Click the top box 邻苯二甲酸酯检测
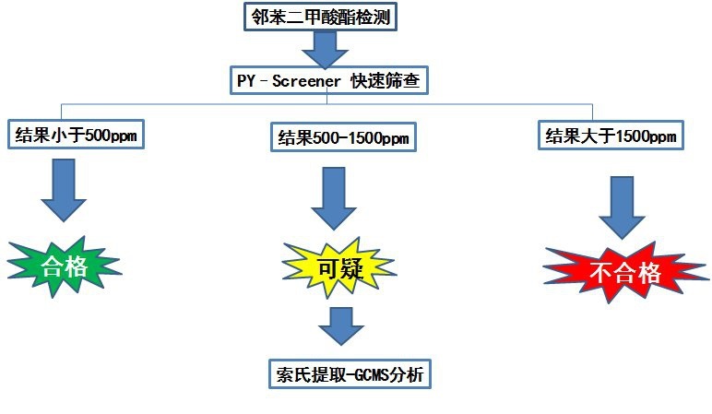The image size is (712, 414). [x=321, y=17]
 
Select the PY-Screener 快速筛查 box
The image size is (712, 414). [x=329, y=81]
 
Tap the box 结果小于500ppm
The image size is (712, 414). [x=76, y=135]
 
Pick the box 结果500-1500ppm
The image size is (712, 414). [x=343, y=137]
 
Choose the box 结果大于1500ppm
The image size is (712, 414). [x=611, y=136]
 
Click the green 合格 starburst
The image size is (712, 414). [x=64, y=266]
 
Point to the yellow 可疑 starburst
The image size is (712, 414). [x=339, y=268]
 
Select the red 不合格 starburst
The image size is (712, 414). [x=624, y=273]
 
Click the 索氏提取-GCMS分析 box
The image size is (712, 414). [x=350, y=374]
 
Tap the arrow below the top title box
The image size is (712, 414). [x=326, y=50]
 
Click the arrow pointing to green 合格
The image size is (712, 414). [x=64, y=190]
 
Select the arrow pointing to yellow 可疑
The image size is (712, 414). [x=334, y=198]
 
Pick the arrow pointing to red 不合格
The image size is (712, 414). [x=623, y=207]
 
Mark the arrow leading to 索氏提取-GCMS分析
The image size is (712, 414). [x=341, y=325]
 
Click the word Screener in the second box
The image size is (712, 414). [x=306, y=81]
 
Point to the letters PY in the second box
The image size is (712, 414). [x=246, y=81]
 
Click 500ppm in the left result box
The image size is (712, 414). [x=112, y=135]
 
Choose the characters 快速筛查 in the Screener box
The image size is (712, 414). [x=386, y=81]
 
